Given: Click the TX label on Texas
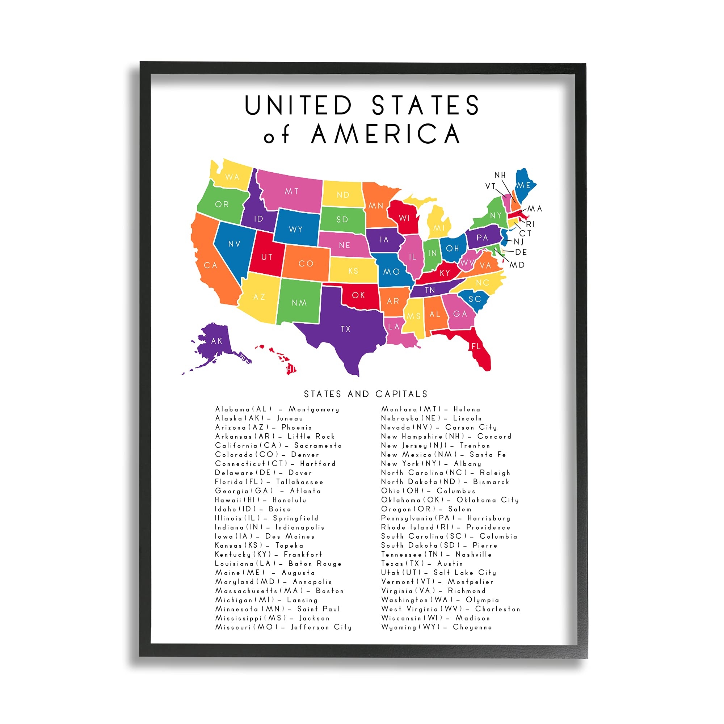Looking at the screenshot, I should pyautogui.click(x=345, y=329).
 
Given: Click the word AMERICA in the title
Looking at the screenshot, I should pyautogui.click(x=386, y=134).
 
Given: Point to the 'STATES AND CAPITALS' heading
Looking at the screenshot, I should pyautogui.click(x=365, y=394).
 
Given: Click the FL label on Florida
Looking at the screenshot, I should pyautogui.click(x=476, y=346).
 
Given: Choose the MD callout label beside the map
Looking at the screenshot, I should pyautogui.click(x=517, y=265).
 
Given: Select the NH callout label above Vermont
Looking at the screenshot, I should pyautogui.click(x=500, y=175).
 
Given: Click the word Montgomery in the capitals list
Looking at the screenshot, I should pyautogui.click(x=313, y=409).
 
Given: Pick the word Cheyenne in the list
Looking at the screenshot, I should pyautogui.click(x=472, y=627).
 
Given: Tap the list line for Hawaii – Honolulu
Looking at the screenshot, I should pyautogui.click(x=260, y=500).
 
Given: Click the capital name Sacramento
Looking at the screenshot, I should pyautogui.click(x=318, y=446).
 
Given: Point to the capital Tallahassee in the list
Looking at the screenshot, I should pyautogui.click(x=299, y=482).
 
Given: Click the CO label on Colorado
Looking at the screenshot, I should pyautogui.click(x=306, y=264).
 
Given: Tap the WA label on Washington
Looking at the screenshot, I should pyautogui.click(x=232, y=177).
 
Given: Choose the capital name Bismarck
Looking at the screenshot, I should pyautogui.click(x=491, y=482).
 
